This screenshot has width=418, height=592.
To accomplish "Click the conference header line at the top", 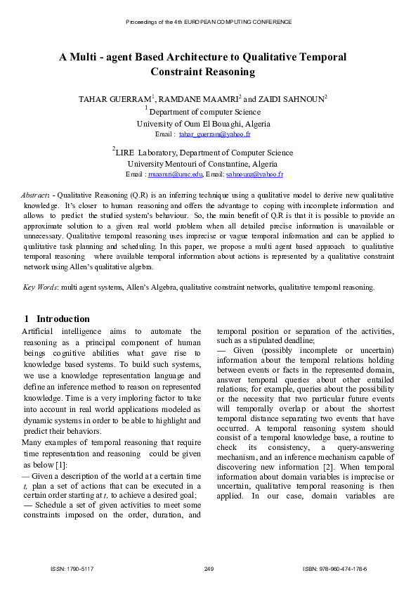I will pos(209,22).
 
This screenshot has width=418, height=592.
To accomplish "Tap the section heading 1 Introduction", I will pos(57,318).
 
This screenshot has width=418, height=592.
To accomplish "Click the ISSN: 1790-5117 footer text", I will pos(72,568).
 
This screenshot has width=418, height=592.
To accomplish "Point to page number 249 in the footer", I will pos(209,568).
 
